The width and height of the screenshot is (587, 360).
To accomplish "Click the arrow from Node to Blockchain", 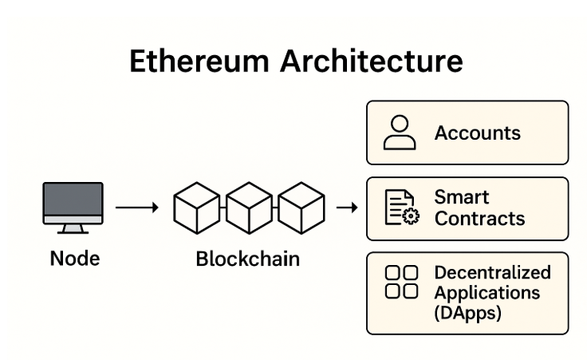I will (x=137, y=208).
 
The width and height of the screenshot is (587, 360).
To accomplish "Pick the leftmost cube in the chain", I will (x=196, y=208).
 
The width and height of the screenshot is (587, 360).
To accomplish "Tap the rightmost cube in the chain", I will (x=301, y=208).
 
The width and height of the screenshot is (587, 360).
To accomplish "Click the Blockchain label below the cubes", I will (x=247, y=259).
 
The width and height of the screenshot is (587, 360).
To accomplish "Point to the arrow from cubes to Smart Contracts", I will (x=346, y=208).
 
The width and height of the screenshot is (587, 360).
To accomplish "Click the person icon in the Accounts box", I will (x=400, y=133).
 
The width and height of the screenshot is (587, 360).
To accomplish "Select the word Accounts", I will (x=477, y=133).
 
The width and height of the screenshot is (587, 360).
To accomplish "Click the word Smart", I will (x=462, y=196).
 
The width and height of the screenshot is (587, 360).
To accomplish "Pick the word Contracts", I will (x=479, y=218).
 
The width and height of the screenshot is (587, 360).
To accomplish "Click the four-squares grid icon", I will (x=401, y=282).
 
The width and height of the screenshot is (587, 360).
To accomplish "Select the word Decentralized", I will (x=492, y=272).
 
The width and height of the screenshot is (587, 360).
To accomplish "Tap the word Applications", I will (x=487, y=292).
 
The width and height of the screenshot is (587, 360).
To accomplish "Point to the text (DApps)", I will (x=467, y=313).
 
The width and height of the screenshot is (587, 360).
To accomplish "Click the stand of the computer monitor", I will (x=73, y=228).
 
